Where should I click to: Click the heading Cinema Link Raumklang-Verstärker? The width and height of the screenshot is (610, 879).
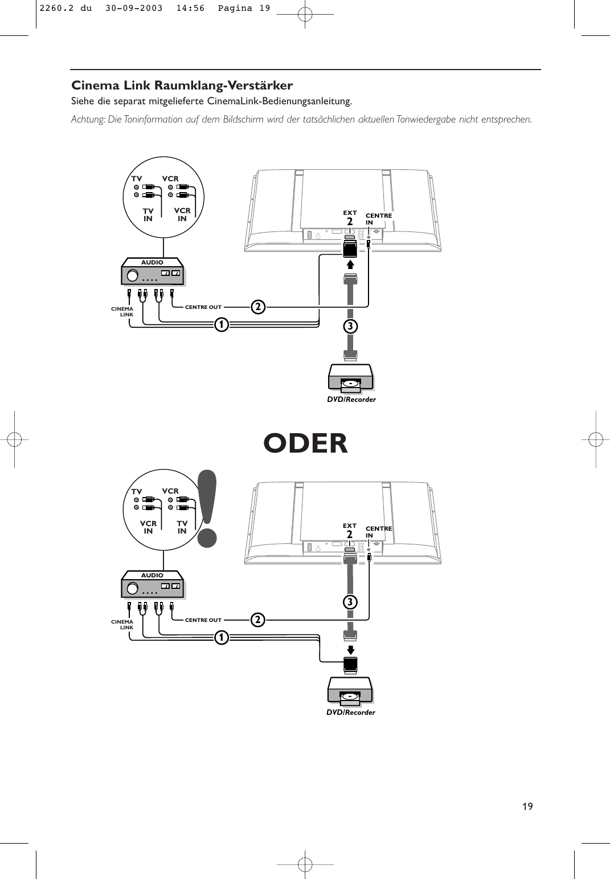pyautogui.click(x=182, y=86)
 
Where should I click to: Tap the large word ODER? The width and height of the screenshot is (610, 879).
pyautogui.click(x=305, y=443)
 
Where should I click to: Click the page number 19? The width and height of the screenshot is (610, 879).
pyautogui.click(x=527, y=806)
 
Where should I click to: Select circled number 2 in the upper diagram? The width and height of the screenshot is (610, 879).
pyautogui.click(x=258, y=307)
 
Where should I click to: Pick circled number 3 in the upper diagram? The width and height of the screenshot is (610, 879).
pyautogui.click(x=350, y=326)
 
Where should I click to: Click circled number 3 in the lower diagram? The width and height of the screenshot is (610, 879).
pyautogui.click(x=350, y=602)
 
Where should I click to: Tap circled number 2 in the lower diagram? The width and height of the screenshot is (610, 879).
pyautogui.click(x=258, y=620)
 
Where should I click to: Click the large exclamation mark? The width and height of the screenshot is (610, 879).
pyautogui.click(x=207, y=507)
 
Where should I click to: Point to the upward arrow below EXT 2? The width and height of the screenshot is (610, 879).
pyautogui.click(x=350, y=264)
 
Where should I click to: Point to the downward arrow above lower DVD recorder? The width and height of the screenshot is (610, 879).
pyautogui.click(x=350, y=650)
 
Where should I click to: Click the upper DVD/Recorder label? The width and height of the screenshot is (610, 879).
pyautogui.click(x=351, y=400)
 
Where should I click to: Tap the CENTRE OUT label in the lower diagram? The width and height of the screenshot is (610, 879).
pyautogui.click(x=203, y=620)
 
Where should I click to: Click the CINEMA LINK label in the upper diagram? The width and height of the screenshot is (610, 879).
pyautogui.click(x=122, y=312)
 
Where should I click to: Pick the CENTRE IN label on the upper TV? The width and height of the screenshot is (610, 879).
pyautogui.click(x=378, y=219)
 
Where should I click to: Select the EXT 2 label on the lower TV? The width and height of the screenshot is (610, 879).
pyautogui.click(x=350, y=531)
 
